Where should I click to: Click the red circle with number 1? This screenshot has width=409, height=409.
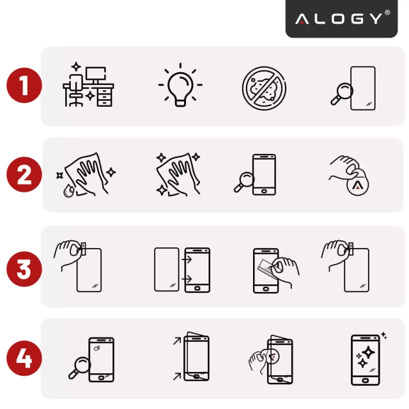pos(24,86)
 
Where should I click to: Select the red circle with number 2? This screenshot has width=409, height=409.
pos(24,174)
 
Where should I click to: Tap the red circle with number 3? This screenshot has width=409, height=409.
pos(24,267)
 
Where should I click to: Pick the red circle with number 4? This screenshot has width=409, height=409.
pos(24,359)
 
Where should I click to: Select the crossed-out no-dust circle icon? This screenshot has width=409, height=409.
pos(263,86)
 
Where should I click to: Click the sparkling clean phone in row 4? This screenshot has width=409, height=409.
pos(367,359)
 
